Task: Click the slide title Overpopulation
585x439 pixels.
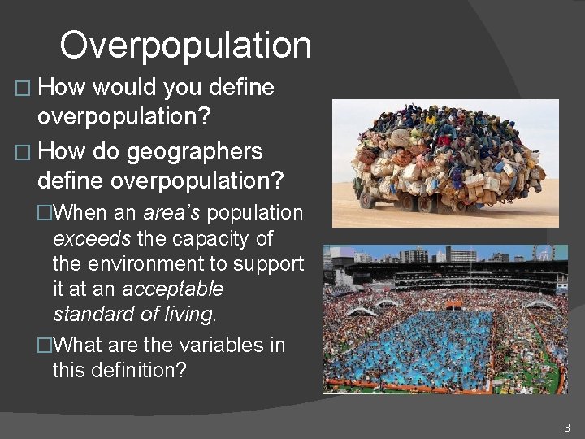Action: (185, 46)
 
